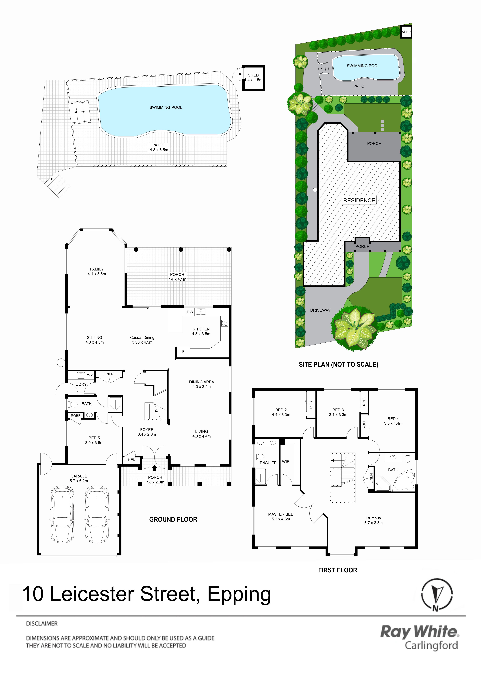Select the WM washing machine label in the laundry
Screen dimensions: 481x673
pos(90,375)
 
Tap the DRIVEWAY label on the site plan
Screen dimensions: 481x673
pos(320,310)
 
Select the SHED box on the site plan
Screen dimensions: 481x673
pos(406,32)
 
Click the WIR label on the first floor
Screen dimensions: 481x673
pos(286,462)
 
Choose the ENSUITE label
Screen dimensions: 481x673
pos(268,463)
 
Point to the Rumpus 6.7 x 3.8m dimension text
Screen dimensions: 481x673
pos(373,523)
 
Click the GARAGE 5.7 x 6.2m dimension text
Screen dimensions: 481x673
pos(79,481)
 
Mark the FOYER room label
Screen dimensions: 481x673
pos(147,430)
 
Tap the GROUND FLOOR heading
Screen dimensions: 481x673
pos(173,519)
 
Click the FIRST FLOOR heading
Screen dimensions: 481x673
pos(338,570)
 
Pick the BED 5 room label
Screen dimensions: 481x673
pos(94,438)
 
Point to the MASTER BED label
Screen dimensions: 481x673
pos(281,514)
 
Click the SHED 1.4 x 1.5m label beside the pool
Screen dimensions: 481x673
pos(253,77)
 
